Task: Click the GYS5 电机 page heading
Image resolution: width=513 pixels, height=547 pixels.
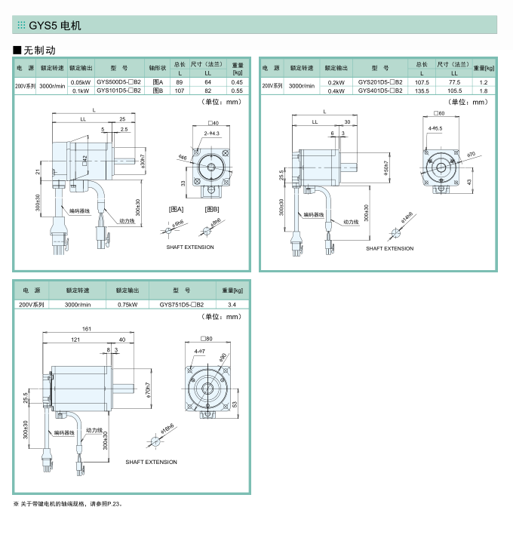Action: [x=54, y=26]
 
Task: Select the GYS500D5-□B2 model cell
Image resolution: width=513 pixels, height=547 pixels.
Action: [x=119, y=81]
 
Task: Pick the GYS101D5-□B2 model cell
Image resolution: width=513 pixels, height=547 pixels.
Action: [x=119, y=91]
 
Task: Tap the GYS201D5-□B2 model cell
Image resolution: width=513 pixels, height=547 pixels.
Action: [x=380, y=81]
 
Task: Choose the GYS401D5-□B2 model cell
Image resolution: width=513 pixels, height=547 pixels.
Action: [x=380, y=91]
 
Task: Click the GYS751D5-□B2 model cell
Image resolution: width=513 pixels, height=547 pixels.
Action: [x=183, y=305]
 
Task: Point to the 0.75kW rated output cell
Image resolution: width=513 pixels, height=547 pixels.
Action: [x=127, y=305]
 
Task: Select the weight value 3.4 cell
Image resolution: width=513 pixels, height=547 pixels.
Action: [x=232, y=305]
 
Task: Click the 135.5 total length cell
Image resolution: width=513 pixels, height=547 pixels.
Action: [x=422, y=91]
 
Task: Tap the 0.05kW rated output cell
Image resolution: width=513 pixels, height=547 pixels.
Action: [x=81, y=81]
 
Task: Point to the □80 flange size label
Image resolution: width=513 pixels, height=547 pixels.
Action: [x=206, y=339]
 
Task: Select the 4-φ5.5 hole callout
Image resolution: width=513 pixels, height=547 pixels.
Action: [x=435, y=128]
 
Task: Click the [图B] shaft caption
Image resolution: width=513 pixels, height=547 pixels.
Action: [x=212, y=208]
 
